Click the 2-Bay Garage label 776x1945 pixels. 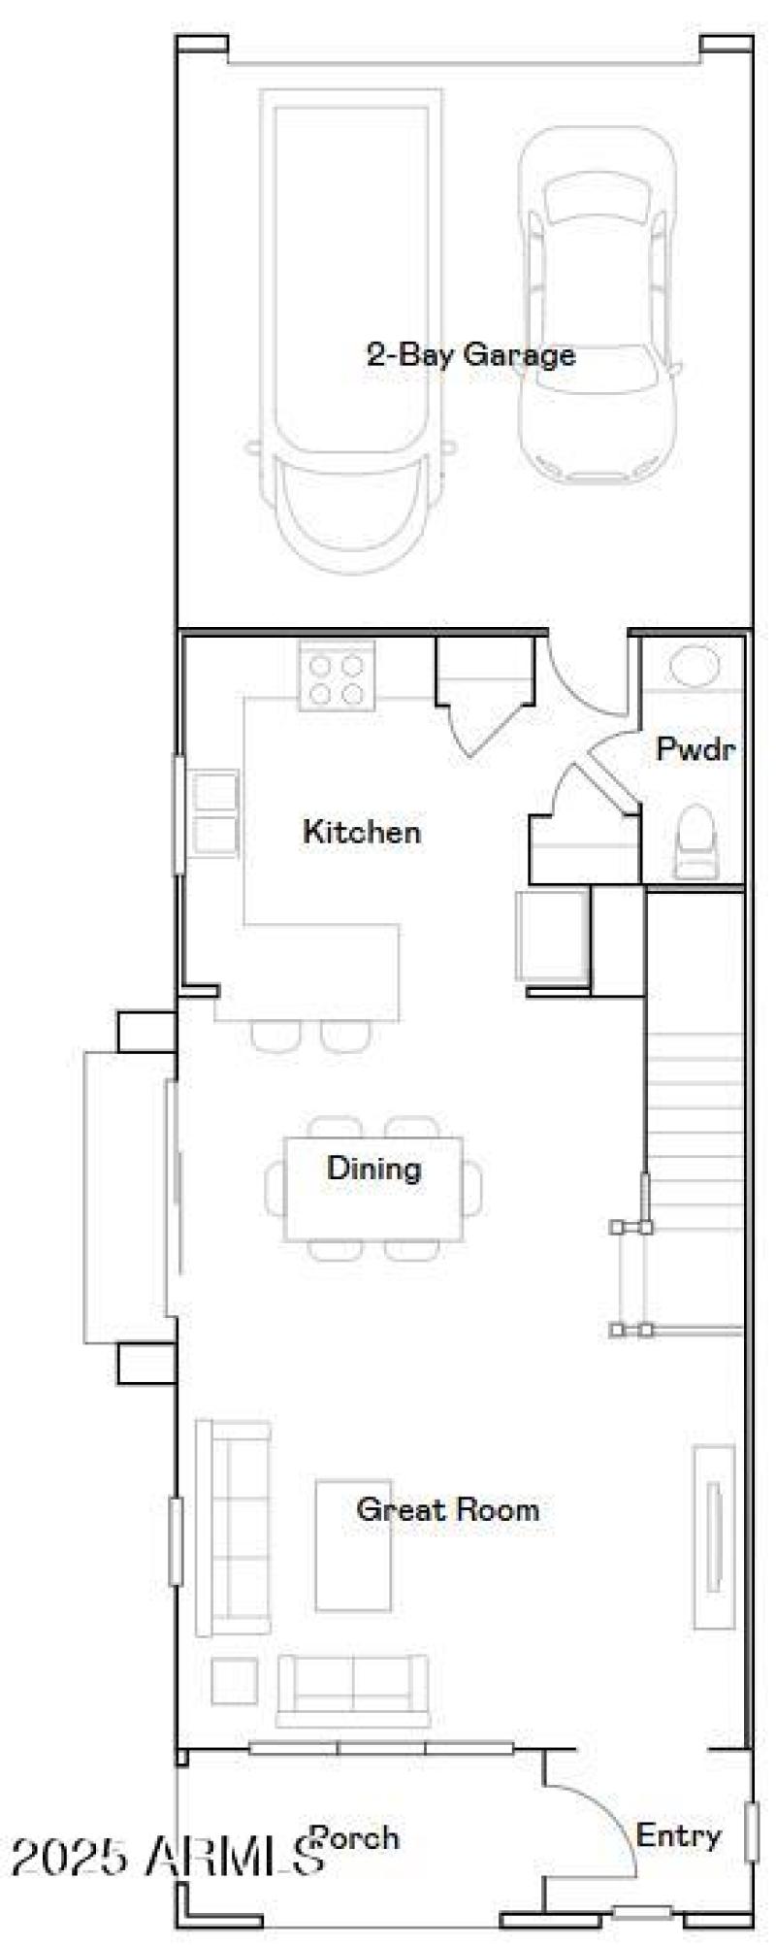coord(470,354)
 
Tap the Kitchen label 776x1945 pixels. coord(362,832)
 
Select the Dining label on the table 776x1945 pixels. coord(373,1168)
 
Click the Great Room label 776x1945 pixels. coord(447,1509)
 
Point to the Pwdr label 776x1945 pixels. coord(695,749)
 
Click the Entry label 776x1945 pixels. coord(679,1835)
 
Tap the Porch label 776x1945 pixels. coord(355,1837)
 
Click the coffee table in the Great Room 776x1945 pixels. coord(353,1560)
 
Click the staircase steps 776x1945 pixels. coord(695,1116)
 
